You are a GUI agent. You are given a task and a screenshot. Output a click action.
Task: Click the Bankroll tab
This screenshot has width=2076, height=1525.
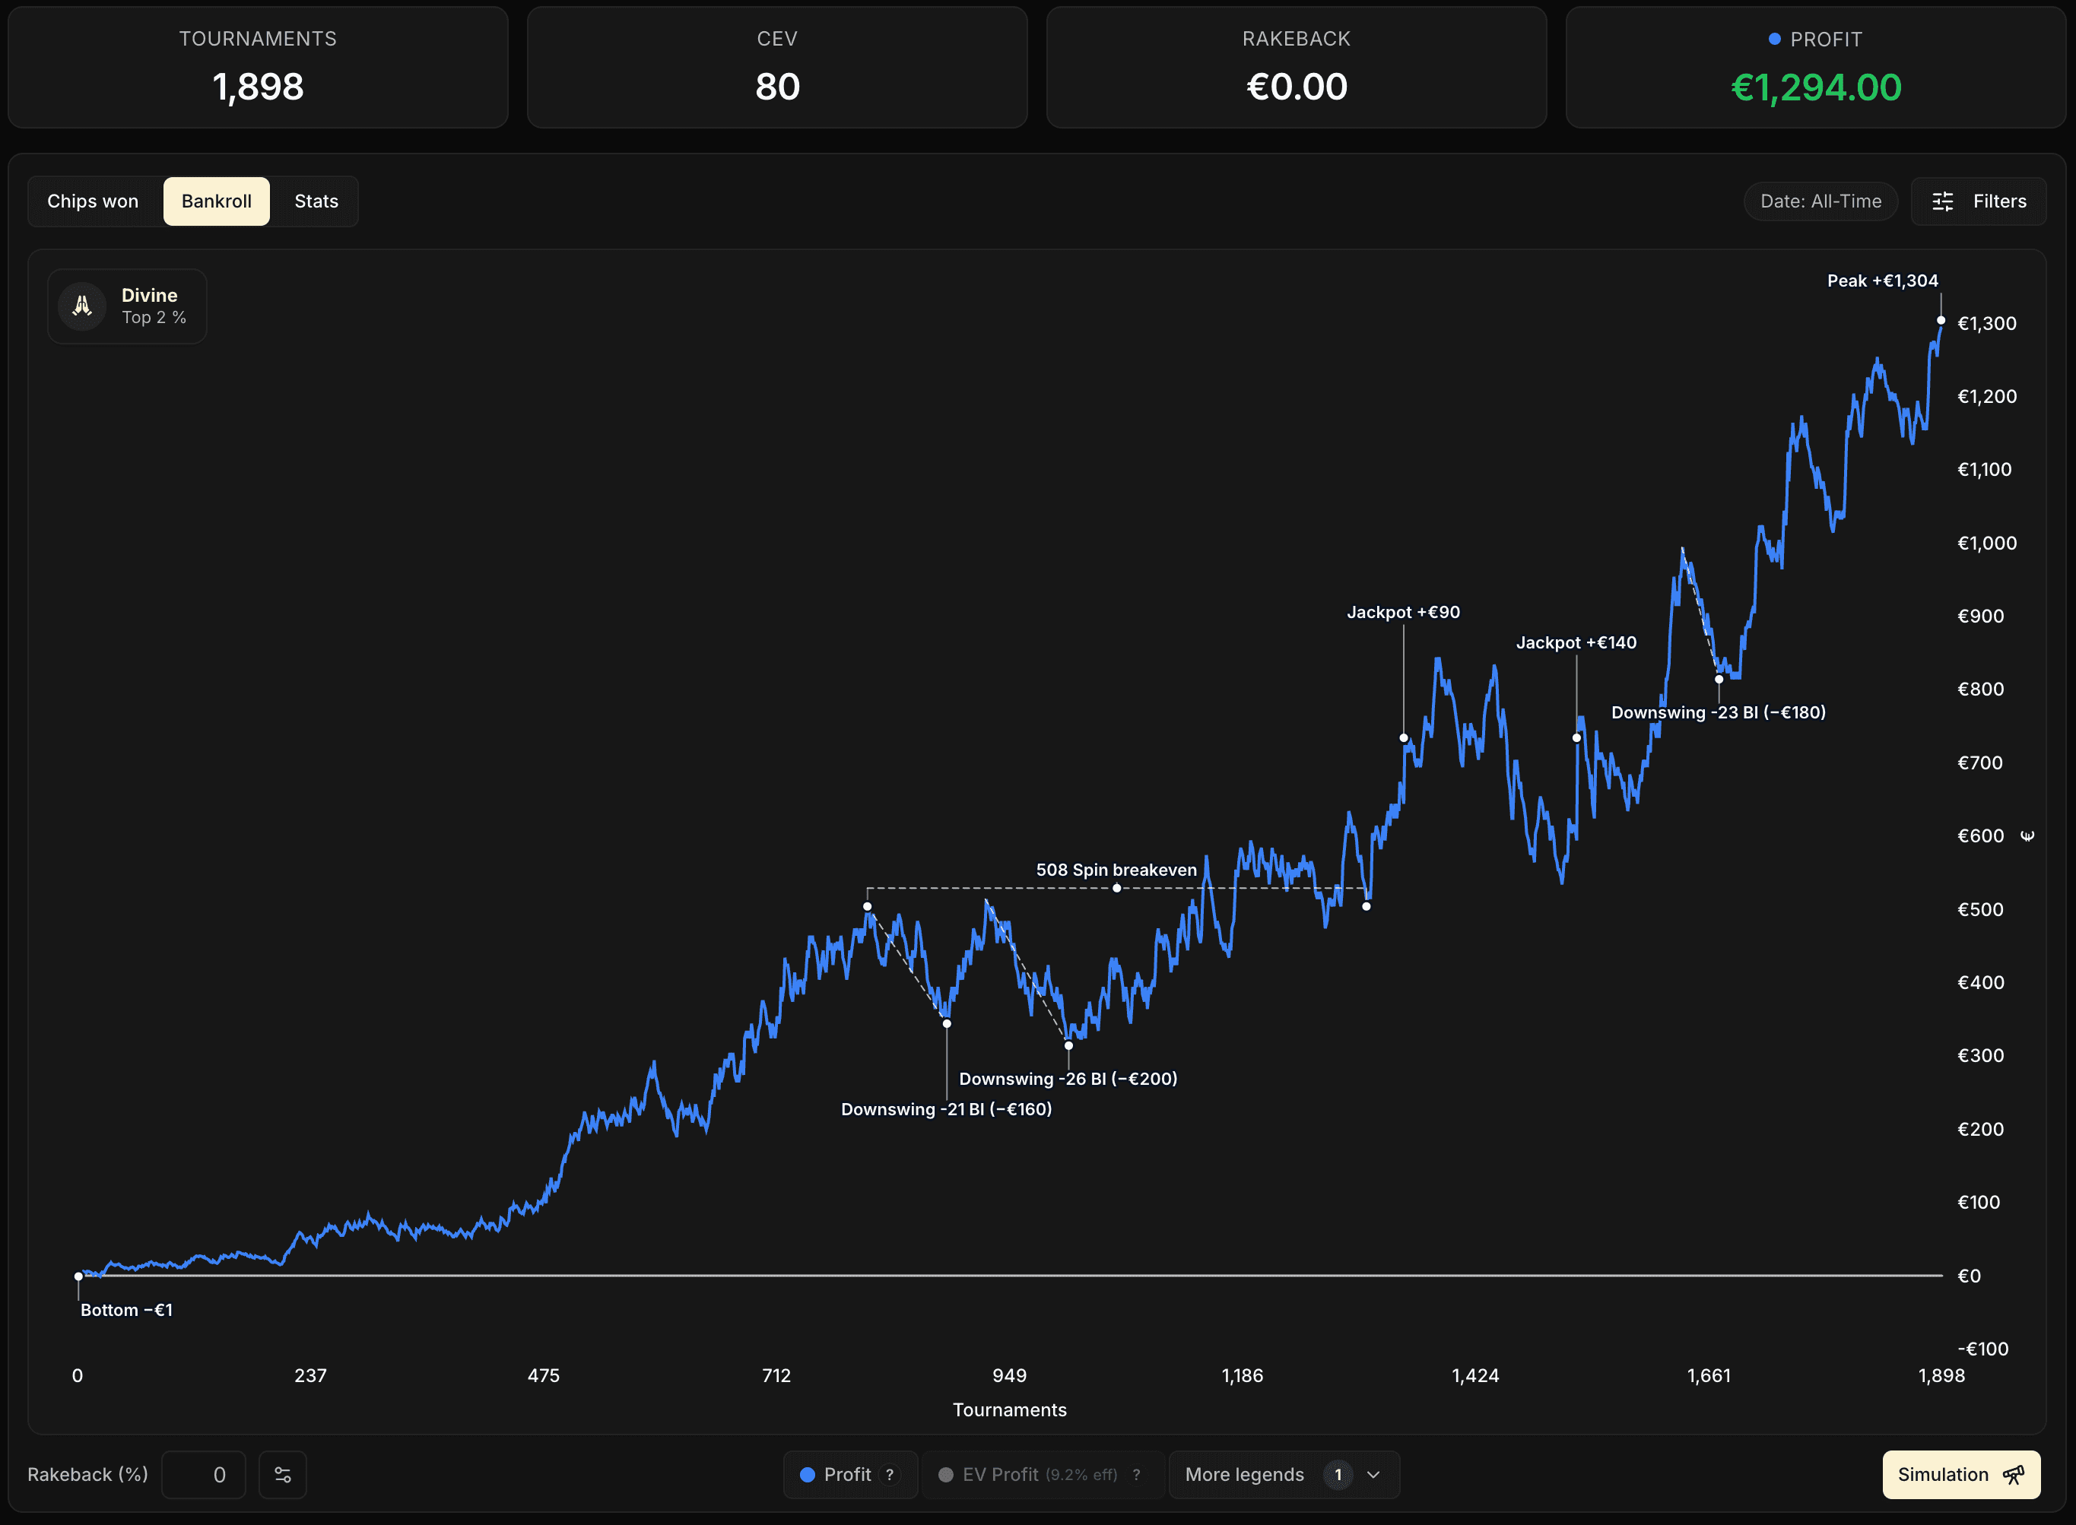[x=216, y=201]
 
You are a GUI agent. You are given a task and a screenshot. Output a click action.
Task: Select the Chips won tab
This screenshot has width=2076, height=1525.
[x=92, y=201]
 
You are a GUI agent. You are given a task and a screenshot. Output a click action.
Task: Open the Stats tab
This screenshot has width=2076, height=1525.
[x=316, y=201]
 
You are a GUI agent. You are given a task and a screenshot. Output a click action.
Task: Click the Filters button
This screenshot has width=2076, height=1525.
[x=1979, y=201]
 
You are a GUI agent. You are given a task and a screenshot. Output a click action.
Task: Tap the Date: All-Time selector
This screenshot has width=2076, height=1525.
[x=1820, y=201]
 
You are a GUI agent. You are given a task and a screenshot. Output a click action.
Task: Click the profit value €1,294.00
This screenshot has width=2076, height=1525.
[x=1816, y=87]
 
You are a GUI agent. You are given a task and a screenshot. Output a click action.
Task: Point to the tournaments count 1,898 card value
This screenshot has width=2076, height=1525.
[x=258, y=87]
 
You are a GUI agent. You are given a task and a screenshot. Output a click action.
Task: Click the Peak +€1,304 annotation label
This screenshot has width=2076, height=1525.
[x=1882, y=281]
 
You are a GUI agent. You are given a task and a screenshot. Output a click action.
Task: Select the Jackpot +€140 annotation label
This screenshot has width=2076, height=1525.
[x=1576, y=642]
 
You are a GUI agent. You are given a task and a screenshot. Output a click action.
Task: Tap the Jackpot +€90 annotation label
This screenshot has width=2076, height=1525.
[x=1403, y=612]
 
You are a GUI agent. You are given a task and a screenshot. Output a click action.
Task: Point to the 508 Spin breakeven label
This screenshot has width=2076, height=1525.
[x=1116, y=870]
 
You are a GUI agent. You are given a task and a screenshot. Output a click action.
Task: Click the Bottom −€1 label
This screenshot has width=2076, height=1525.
[x=126, y=1310]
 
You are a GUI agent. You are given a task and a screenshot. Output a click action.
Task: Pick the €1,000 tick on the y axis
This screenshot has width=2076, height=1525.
[x=1986, y=543]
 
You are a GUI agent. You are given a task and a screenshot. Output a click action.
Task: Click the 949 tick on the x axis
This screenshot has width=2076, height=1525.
[x=1008, y=1375]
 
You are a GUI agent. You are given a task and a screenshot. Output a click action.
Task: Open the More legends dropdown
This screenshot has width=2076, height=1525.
[x=1284, y=1474]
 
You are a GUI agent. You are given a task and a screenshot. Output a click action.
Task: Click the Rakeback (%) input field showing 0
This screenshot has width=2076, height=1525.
[x=203, y=1474]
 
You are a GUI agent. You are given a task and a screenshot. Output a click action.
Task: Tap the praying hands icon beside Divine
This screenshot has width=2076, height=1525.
[x=82, y=306]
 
